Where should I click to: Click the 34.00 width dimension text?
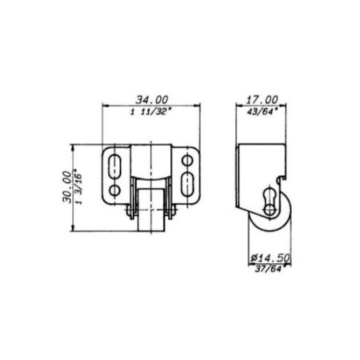[x=152, y=100]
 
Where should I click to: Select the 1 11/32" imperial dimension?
[x=150, y=111]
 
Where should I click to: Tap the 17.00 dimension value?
[x=262, y=100]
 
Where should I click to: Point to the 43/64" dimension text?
[x=261, y=111]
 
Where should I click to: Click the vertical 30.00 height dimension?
[x=67, y=187]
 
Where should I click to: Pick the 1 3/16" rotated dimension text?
[x=79, y=186]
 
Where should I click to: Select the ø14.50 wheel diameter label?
[x=270, y=258]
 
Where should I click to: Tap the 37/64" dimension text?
[x=268, y=269]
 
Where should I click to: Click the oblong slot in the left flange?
[x=114, y=166]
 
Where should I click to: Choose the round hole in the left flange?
[x=114, y=190]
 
